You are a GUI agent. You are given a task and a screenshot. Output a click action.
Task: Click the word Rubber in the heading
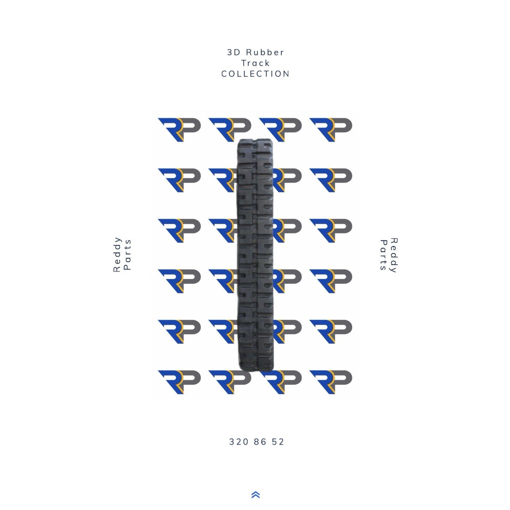265,53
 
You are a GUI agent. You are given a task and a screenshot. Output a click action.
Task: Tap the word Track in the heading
256,63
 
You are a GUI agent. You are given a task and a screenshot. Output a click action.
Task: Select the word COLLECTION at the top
255,74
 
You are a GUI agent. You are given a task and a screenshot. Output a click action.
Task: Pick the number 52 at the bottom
278,442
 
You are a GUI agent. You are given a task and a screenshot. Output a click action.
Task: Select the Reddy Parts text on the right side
389,254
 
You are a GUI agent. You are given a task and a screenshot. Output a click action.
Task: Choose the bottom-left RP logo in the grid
179,382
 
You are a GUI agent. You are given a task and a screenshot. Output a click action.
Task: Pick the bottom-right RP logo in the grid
331,382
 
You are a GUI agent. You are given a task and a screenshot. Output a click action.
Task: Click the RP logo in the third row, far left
179,230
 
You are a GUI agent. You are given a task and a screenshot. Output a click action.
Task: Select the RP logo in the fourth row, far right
331,281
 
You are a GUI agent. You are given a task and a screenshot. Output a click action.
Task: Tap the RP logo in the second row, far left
179,180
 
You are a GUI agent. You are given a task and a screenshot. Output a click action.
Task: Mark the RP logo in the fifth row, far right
331,331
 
